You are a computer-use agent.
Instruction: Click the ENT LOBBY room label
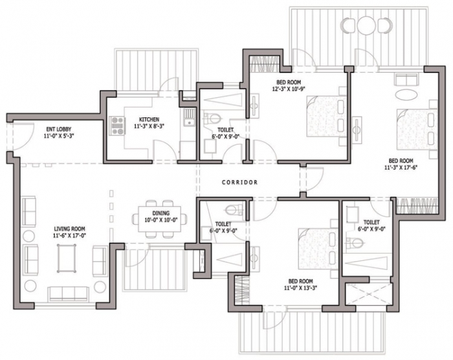(x=59, y=129)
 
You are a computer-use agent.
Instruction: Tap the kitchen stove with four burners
(x=117, y=126)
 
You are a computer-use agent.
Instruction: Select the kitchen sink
(x=189, y=117)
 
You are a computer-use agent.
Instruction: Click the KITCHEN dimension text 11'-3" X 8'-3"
(x=149, y=126)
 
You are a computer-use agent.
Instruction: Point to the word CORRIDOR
(x=239, y=183)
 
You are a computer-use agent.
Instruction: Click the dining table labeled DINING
(x=160, y=219)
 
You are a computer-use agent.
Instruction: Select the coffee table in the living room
(x=67, y=258)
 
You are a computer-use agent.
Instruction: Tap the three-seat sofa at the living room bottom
(x=69, y=294)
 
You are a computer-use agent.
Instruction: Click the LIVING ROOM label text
(x=69, y=229)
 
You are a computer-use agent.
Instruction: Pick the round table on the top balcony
(x=367, y=25)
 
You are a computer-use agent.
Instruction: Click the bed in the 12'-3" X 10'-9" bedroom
(x=327, y=117)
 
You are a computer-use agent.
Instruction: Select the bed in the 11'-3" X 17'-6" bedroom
(x=417, y=129)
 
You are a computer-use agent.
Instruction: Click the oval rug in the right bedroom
(x=406, y=95)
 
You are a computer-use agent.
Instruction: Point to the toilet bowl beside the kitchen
(x=212, y=118)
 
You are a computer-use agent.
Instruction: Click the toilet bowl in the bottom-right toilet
(x=354, y=243)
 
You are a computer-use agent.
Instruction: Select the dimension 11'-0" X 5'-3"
(x=59, y=135)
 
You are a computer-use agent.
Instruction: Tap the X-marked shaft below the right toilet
(x=368, y=294)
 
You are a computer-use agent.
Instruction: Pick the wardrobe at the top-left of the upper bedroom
(x=264, y=63)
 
